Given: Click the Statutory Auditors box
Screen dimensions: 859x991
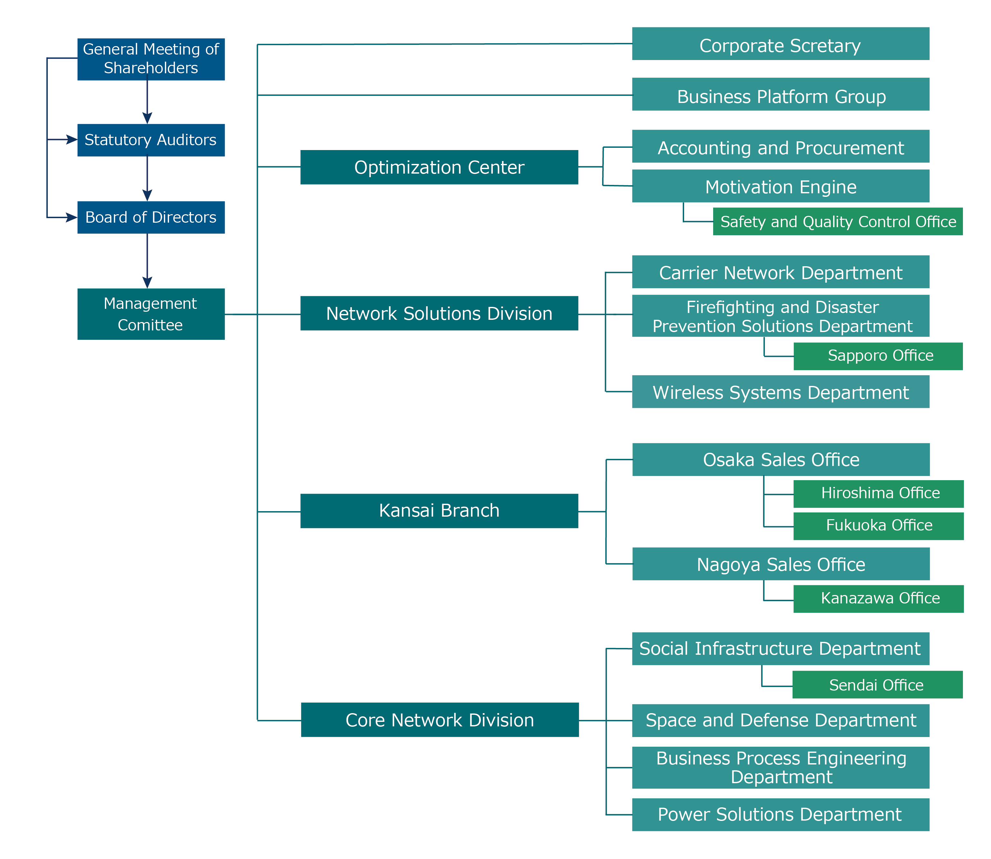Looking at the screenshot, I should click(x=151, y=140).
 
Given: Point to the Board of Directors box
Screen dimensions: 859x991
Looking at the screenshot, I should click(x=151, y=217).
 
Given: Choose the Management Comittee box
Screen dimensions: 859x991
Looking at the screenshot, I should click(x=151, y=314).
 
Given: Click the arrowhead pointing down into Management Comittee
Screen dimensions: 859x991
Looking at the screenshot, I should click(x=147, y=282).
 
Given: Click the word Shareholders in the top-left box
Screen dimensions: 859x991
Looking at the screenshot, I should click(x=151, y=68).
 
